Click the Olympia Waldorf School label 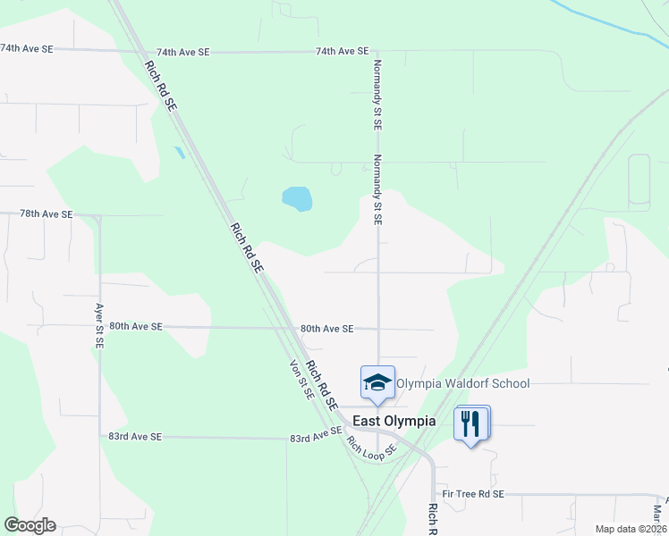[462, 383]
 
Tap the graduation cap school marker [377, 382]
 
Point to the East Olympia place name [394, 421]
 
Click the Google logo [30, 525]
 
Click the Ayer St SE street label [99, 326]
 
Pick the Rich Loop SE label [370, 448]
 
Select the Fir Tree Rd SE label [473, 494]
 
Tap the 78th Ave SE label [46, 214]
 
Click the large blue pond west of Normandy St [297, 198]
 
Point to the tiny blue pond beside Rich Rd [180, 152]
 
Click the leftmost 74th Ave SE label [26, 48]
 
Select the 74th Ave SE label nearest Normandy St [342, 52]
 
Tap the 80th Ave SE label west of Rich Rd [135, 327]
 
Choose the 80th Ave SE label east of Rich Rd [327, 329]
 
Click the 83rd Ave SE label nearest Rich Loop [316, 437]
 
